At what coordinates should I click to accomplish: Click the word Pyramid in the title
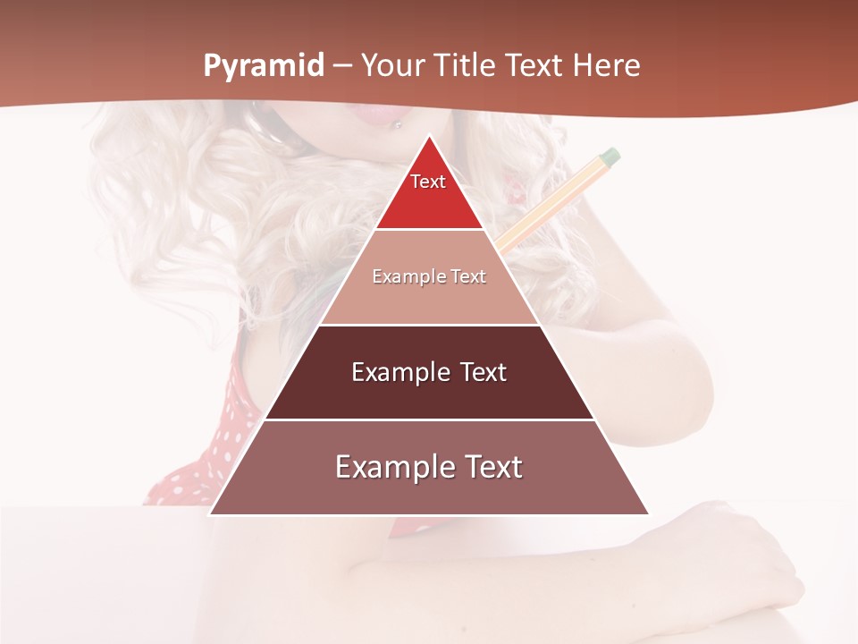coord(264,65)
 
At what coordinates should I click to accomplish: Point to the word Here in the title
coord(606,65)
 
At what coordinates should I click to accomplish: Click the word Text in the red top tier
coord(428,182)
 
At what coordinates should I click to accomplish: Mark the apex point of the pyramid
coord(429,136)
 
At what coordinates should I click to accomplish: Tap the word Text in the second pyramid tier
coord(468,276)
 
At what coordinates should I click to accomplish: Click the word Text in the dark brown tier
coord(483,372)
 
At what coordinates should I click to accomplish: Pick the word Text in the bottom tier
coord(490,467)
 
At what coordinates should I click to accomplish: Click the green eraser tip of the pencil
coord(610,157)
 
